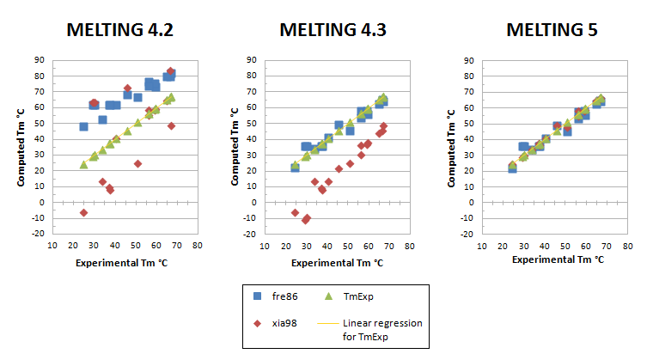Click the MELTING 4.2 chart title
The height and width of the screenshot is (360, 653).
[120, 30]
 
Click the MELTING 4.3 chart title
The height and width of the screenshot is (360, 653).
[333, 30]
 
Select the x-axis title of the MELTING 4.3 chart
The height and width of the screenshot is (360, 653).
[339, 260]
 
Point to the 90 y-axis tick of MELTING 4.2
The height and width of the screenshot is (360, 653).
[40, 60]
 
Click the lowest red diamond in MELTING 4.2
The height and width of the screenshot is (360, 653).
[83, 212]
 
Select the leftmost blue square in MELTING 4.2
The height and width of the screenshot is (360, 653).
[83, 126]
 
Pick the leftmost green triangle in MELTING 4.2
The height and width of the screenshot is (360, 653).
[83, 164]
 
